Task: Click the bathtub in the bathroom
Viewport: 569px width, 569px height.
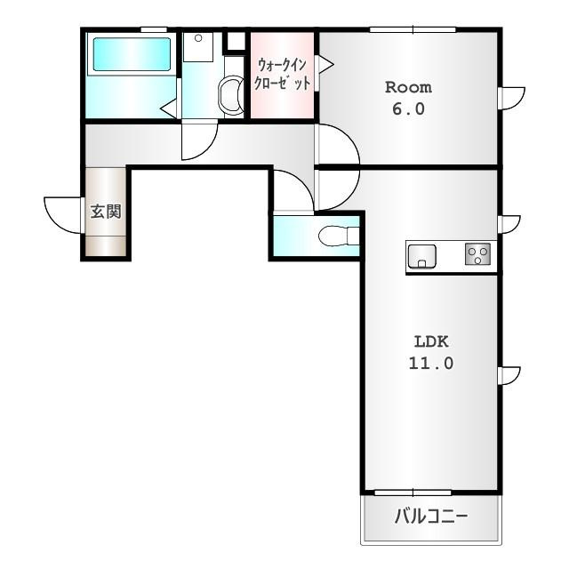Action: click(132, 54)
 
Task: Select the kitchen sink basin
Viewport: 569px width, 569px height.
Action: click(421, 257)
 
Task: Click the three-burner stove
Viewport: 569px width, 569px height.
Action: click(478, 253)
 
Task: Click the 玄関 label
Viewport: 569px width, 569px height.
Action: click(106, 212)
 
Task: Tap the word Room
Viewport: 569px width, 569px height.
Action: click(408, 87)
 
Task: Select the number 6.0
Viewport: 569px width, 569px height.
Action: click(408, 108)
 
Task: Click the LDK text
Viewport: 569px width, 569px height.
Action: click(431, 341)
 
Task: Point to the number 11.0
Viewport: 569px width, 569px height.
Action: click(431, 363)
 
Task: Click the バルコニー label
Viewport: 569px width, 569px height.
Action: click(431, 516)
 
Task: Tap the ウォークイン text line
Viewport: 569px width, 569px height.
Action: click(282, 65)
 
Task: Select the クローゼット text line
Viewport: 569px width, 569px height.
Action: click(282, 83)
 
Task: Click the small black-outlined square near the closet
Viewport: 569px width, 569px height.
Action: click(236, 42)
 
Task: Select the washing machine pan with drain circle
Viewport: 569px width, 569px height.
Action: click(198, 47)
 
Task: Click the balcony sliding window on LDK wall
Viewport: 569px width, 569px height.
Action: click(413, 493)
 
